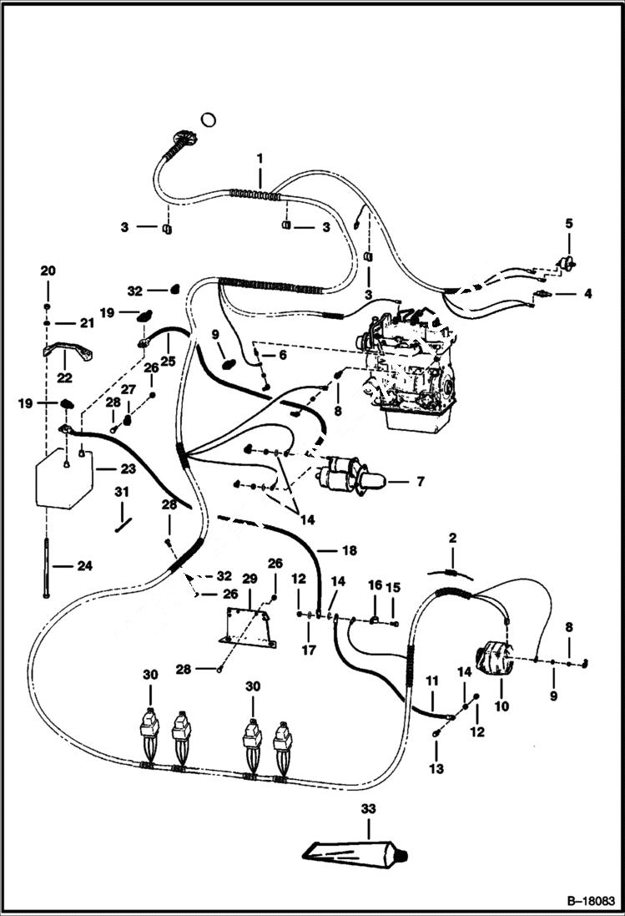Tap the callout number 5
569,224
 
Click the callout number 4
587,294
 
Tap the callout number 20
48,271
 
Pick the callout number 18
350,551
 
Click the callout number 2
451,539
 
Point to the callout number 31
122,491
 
